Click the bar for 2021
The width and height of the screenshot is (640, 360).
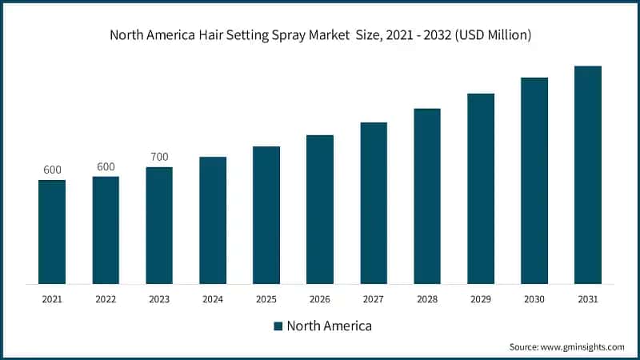tap(52, 231)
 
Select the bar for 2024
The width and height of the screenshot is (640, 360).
tap(213, 220)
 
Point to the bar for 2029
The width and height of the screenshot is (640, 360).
tap(481, 188)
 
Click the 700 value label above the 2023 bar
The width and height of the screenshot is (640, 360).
tap(159, 157)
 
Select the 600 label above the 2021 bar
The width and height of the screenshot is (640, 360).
tap(52, 170)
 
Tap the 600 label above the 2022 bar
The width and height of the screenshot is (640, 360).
tap(106, 166)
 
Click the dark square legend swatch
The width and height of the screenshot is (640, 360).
tap(278, 326)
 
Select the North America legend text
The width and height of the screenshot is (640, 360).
tap(329, 326)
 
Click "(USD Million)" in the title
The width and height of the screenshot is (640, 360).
tap(488, 35)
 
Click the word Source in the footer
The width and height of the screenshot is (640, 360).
tap(525, 346)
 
